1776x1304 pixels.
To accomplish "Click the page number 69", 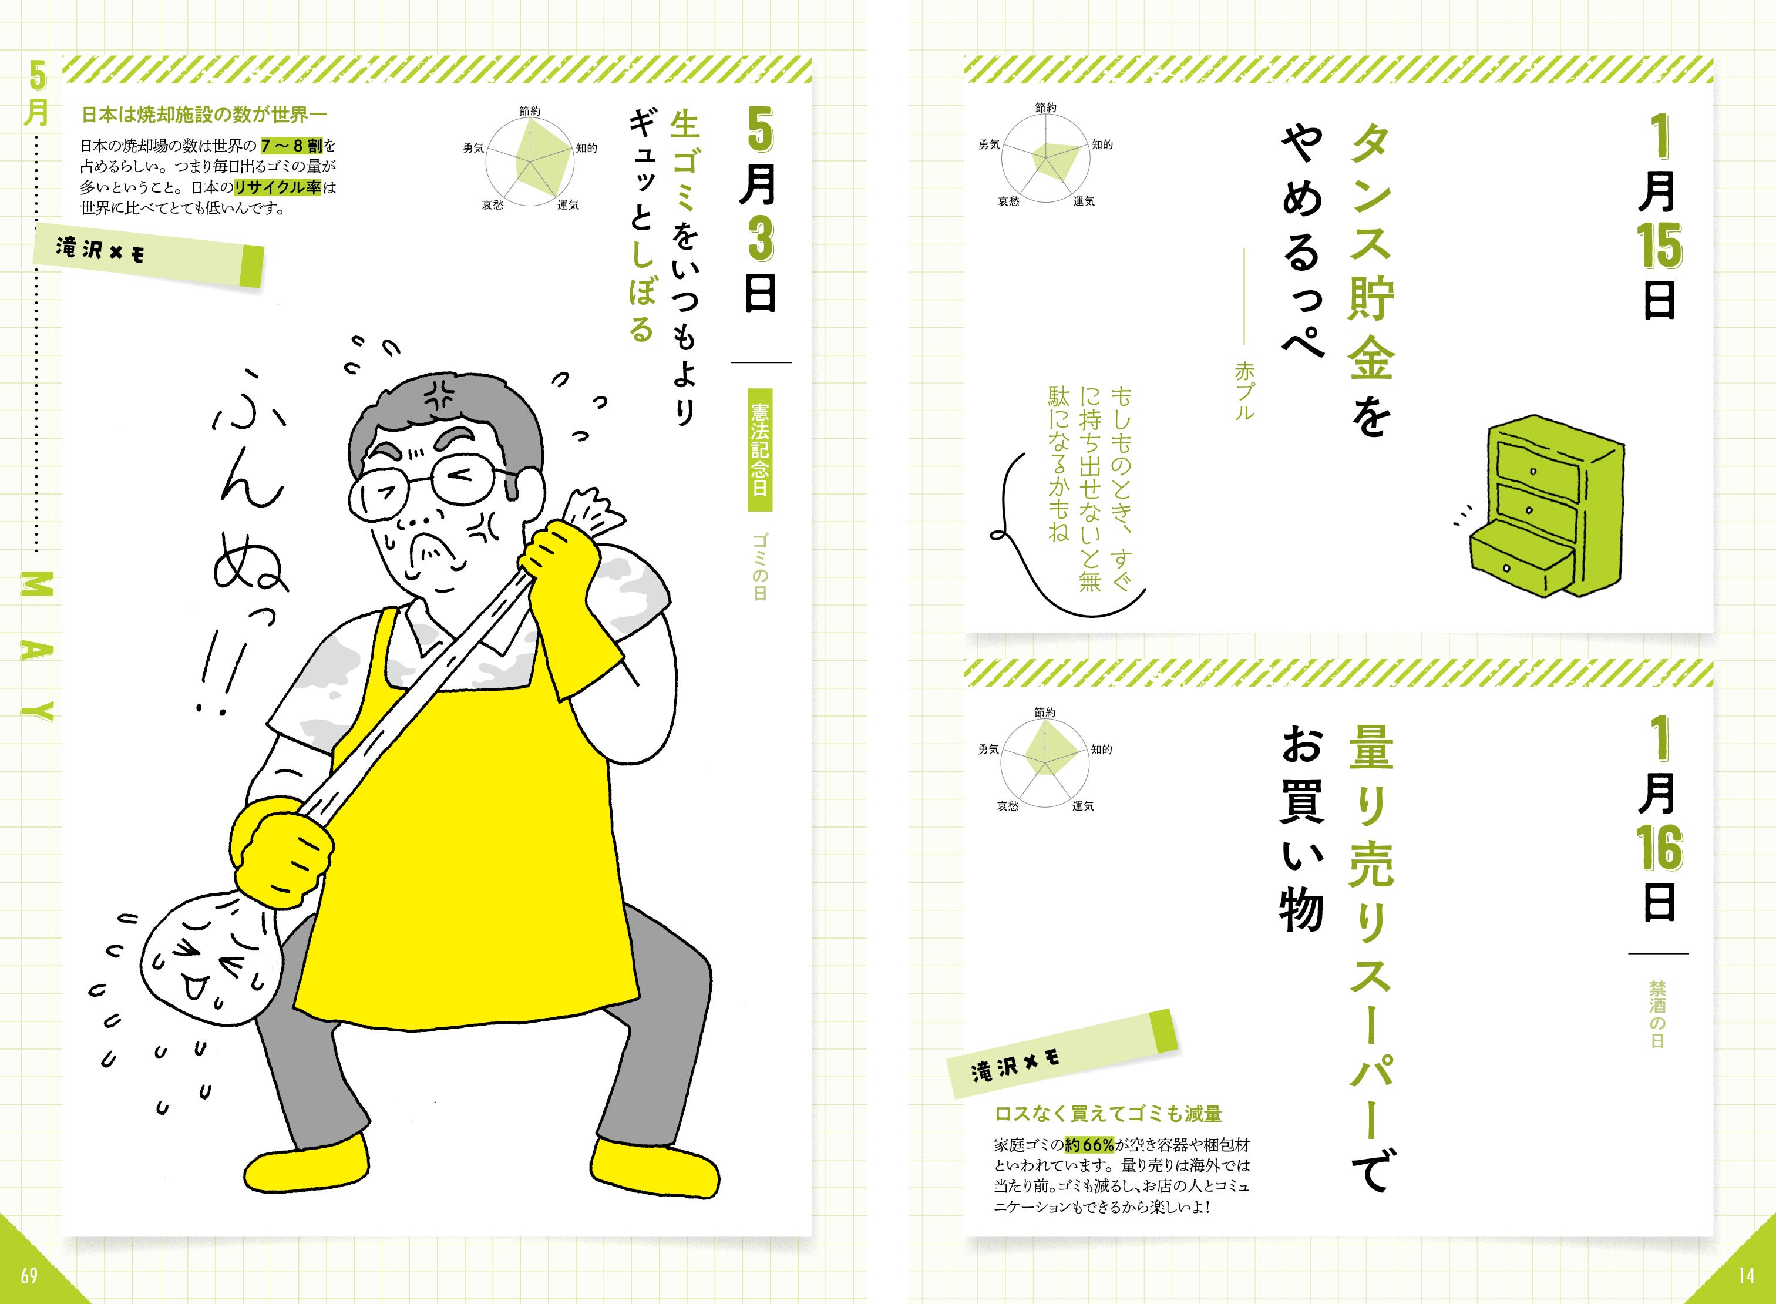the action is (29, 1275).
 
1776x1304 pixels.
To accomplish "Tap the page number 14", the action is (1745, 1275).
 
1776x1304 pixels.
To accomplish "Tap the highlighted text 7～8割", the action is (291, 146).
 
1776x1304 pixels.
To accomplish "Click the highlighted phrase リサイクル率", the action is (278, 188).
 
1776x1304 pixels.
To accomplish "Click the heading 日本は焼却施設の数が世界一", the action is (204, 115).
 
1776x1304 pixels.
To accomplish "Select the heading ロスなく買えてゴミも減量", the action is (1108, 1114).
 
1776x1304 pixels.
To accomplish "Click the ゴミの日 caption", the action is (759, 567).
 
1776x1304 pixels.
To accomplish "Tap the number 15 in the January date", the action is (1659, 246).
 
